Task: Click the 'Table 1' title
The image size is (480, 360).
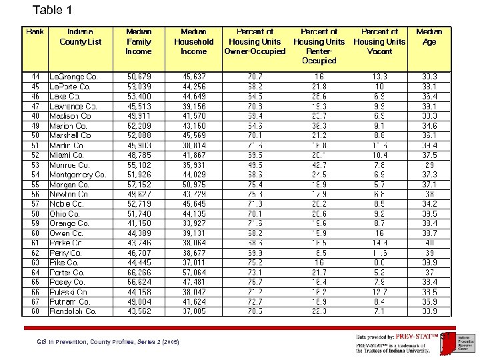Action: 52,10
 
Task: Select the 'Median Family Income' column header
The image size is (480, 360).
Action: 139,41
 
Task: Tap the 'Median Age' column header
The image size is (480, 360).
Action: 429,36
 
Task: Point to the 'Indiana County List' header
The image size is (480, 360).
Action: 80,36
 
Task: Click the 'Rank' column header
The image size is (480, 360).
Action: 35,31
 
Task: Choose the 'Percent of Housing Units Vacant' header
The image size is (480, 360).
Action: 379,41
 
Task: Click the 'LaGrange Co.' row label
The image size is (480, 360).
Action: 73,77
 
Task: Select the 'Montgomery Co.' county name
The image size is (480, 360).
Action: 77,175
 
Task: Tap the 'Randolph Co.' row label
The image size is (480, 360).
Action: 73,311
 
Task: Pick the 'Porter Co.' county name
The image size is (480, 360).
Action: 68,273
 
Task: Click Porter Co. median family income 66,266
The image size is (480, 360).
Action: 139,273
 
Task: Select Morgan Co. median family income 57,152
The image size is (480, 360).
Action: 139,185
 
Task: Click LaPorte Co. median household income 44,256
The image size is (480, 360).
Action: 193,87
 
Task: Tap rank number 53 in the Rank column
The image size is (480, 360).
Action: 35,165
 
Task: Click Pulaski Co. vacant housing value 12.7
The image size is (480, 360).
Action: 379,292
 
